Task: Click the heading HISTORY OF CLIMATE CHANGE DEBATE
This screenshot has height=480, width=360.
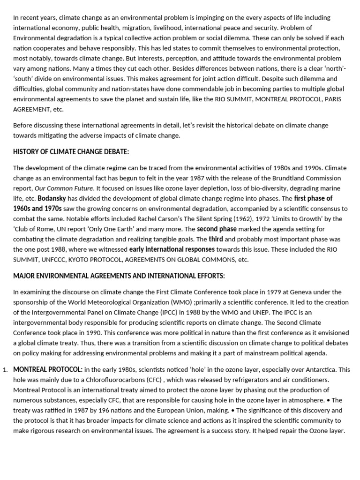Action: (71, 151)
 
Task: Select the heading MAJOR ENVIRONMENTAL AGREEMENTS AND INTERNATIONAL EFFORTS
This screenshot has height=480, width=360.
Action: (119, 275)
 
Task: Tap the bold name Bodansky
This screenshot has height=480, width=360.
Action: (53, 198)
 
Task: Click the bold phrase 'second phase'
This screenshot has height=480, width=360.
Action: (217, 229)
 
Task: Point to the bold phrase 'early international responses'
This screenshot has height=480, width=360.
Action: (172, 249)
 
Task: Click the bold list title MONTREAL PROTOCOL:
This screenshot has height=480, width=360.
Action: (48, 369)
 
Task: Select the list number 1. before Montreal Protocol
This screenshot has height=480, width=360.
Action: (5, 370)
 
